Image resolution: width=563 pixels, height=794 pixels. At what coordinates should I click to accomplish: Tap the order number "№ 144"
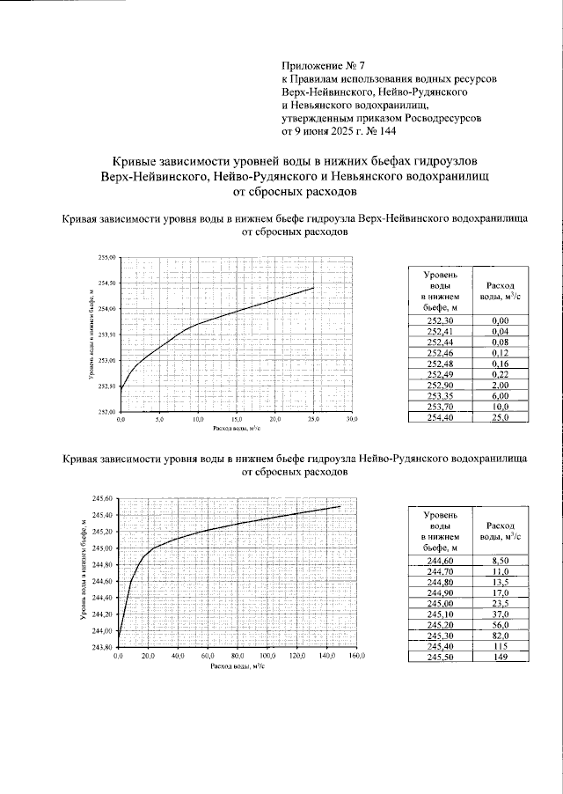378,131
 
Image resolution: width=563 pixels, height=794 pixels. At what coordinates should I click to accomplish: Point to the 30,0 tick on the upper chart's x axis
351,420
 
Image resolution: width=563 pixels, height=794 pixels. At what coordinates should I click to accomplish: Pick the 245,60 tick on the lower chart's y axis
104,499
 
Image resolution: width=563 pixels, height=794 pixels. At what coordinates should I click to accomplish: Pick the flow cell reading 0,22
501,374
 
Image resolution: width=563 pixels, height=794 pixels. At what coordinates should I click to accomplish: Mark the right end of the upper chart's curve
313,288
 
